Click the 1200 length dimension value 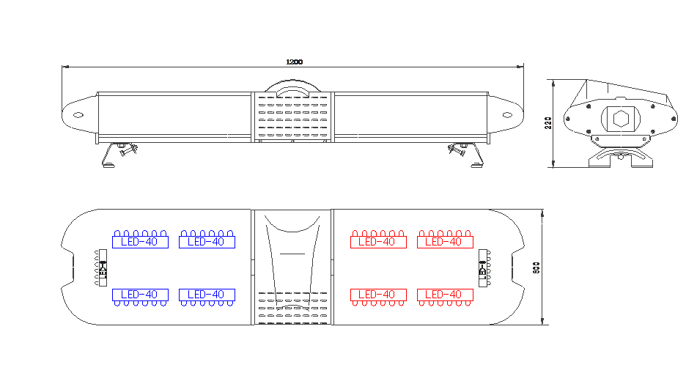click(x=294, y=62)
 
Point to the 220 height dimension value click(x=547, y=122)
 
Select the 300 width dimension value click(x=536, y=268)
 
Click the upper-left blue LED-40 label click(x=140, y=242)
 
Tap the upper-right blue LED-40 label click(x=207, y=242)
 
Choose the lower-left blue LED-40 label click(x=140, y=295)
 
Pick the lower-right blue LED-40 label click(x=207, y=295)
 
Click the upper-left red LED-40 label click(x=378, y=242)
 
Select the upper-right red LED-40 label click(x=445, y=242)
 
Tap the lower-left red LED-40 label click(x=378, y=295)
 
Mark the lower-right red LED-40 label click(x=445, y=295)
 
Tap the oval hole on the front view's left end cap click(x=76, y=114)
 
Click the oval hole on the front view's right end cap click(x=506, y=114)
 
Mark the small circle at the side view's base click(x=620, y=156)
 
